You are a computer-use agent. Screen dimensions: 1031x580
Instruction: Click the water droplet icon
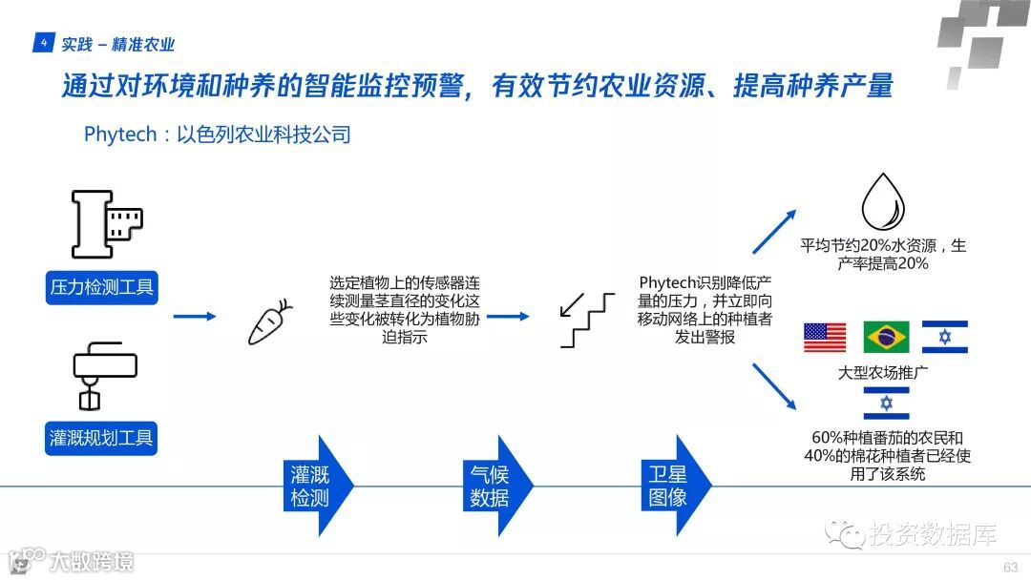tap(883, 201)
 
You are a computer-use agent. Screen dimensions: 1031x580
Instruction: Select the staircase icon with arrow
tap(588, 319)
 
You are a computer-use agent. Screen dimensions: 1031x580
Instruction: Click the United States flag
tap(825, 337)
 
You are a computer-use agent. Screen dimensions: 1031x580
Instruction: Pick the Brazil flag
tap(886, 337)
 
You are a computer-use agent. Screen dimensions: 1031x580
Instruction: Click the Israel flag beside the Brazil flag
tap(945, 337)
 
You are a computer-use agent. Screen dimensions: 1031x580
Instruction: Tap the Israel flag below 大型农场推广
tap(886, 403)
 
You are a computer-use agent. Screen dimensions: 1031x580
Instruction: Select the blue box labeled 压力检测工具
tap(101, 286)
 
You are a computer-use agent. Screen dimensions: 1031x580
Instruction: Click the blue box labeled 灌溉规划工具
tap(101, 438)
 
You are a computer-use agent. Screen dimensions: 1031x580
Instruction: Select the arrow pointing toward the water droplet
tap(774, 230)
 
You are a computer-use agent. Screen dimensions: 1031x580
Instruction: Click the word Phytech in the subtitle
tap(119, 135)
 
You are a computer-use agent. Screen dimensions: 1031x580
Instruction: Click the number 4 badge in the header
tap(44, 44)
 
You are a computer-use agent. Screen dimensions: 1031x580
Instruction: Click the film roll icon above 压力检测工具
tap(106, 225)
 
